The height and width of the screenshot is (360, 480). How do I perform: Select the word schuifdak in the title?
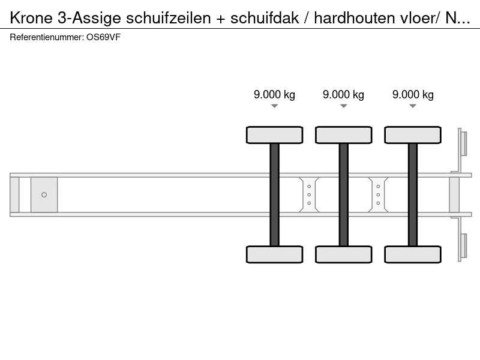point(265,18)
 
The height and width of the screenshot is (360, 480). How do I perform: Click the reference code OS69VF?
point(103,37)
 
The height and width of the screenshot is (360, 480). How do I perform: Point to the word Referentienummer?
point(47,37)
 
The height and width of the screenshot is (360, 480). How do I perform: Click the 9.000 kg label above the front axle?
point(274,95)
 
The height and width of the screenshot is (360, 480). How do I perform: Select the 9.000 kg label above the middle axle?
point(343,95)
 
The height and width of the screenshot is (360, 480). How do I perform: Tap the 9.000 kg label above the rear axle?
point(413,95)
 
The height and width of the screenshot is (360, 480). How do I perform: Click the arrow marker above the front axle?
point(275,106)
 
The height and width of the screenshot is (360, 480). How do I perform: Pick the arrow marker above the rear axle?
point(413,106)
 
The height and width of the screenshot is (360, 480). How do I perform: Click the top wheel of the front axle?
point(275,135)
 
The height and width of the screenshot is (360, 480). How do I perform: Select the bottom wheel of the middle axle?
point(344,254)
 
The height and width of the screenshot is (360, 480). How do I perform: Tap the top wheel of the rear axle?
point(413,135)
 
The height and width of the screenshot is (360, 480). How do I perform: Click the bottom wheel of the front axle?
point(275,254)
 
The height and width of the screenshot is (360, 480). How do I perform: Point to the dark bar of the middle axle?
point(344,194)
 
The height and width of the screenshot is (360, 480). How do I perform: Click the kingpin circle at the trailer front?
point(44,194)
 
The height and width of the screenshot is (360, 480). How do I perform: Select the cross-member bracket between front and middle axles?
point(309,194)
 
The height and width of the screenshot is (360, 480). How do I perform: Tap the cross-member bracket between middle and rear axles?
point(379,194)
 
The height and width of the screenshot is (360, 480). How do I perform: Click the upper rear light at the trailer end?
point(463,143)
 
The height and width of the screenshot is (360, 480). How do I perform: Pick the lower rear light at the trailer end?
point(463,246)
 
